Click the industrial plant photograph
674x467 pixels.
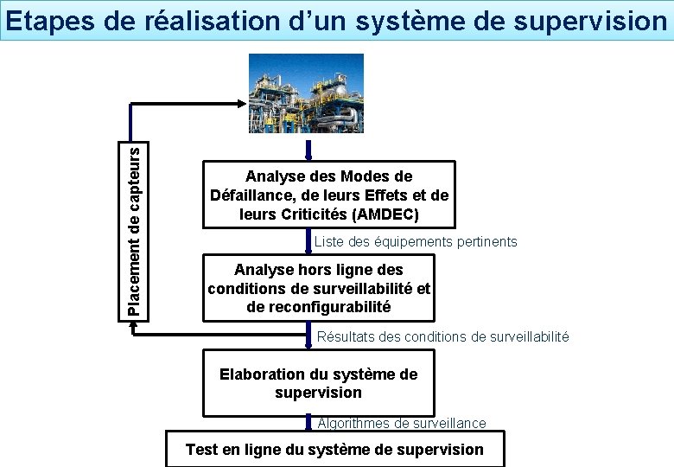[307, 93]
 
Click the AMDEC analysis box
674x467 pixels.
[328, 195]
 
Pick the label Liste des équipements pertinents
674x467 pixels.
[416, 241]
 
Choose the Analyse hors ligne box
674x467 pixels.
[318, 288]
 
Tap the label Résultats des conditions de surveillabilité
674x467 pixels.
[443, 336]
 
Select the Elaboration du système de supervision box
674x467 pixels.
[318, 383]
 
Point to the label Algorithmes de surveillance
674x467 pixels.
[402, 423]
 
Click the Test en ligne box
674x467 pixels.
[334, 450]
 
